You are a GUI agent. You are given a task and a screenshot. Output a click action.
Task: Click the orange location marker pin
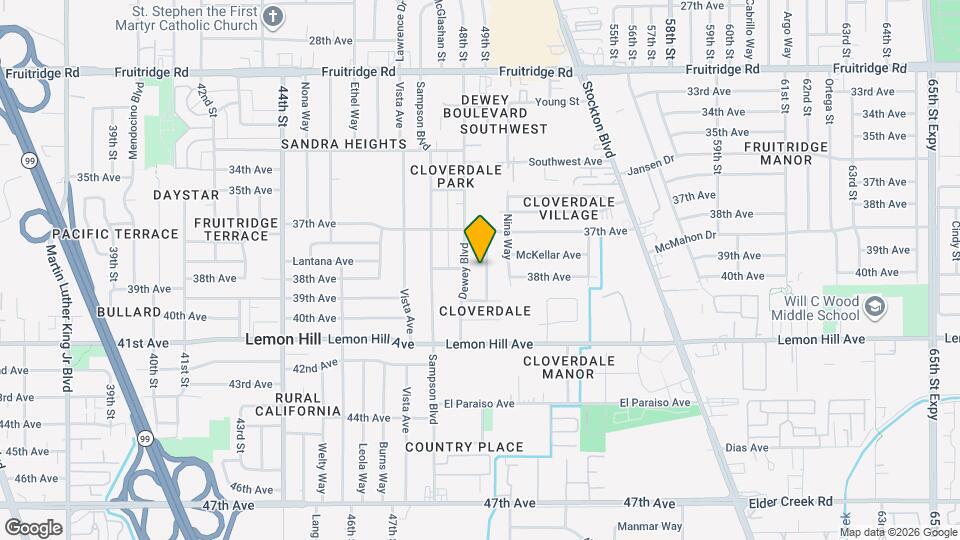[x=481, y=238]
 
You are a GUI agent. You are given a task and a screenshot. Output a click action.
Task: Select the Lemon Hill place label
[x=284, y=340]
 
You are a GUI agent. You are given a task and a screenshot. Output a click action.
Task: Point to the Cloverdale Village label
[x=568, y=208]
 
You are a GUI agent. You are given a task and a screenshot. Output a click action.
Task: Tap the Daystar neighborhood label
[x=185, y=194]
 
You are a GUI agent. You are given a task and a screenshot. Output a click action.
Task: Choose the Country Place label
[x=464, y=447]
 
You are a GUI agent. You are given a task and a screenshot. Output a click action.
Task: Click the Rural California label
[x=298, y=404]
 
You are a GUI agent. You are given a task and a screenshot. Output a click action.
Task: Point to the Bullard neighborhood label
[x=129, y=313]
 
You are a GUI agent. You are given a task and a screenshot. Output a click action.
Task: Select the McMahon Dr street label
[x=686, y=241]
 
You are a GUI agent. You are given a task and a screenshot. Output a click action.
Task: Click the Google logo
[x=33, y=527]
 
